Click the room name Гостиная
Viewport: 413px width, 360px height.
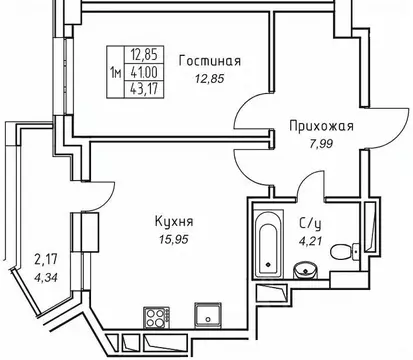click(210, 60)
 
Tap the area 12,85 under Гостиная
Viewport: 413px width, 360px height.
click(210, 79)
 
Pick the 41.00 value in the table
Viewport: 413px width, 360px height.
click(139, 72)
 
